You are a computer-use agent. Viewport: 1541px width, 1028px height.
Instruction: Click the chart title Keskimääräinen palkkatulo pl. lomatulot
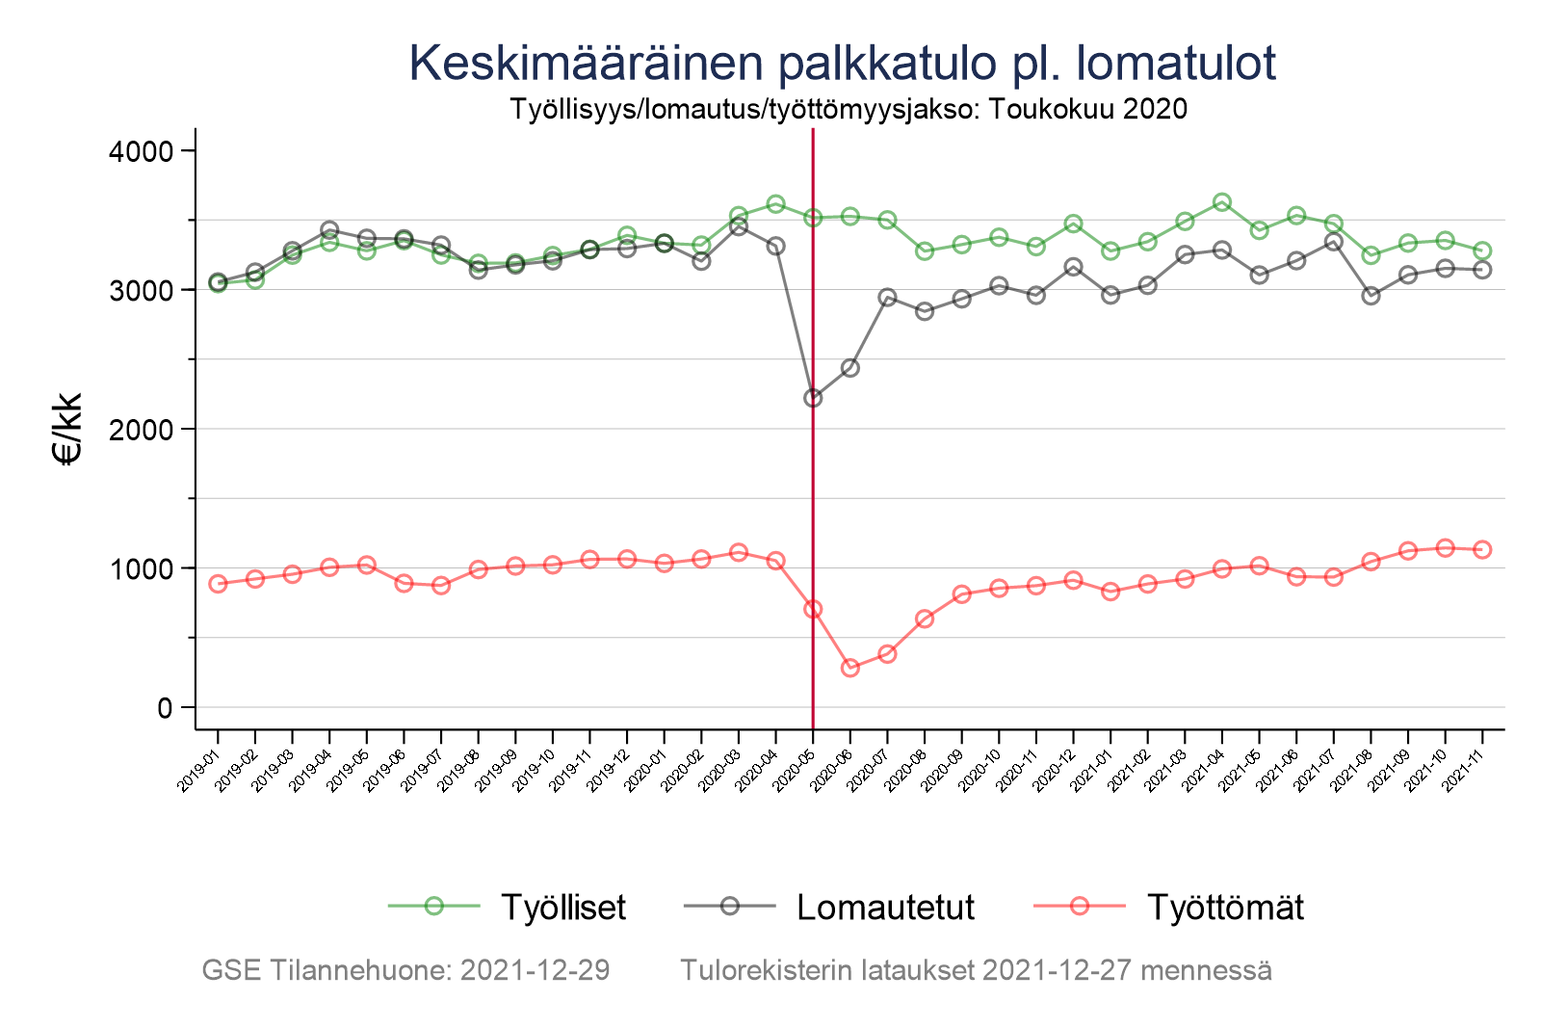(x=842, y=63)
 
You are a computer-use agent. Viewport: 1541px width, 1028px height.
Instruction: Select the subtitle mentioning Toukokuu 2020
(x=848, y=109)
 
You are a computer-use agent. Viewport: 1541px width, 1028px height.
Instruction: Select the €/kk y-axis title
(x=68, y=429)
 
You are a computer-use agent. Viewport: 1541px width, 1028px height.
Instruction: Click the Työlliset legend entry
(x=563, y=907)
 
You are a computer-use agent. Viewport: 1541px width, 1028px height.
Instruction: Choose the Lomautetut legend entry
(x=885, y=907)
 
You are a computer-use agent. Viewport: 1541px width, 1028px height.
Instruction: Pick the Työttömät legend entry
(x=1225, y=907)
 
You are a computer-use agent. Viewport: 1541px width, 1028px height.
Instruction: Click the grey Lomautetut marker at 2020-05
(x=813, y=398)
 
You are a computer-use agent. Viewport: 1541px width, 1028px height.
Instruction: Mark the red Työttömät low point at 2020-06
(x=850, y=668)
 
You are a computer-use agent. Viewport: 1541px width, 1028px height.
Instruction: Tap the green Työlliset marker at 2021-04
(x=1222, y=202)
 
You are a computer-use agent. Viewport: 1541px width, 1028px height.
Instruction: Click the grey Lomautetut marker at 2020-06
(x=850, y=368)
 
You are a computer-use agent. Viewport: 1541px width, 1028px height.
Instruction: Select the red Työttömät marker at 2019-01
(x=218, y=584)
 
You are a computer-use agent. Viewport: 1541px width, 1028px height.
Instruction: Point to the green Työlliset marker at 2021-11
(x=1482, y=250)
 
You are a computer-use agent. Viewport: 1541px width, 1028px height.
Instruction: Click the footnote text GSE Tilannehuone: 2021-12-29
(x=405, y=970)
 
